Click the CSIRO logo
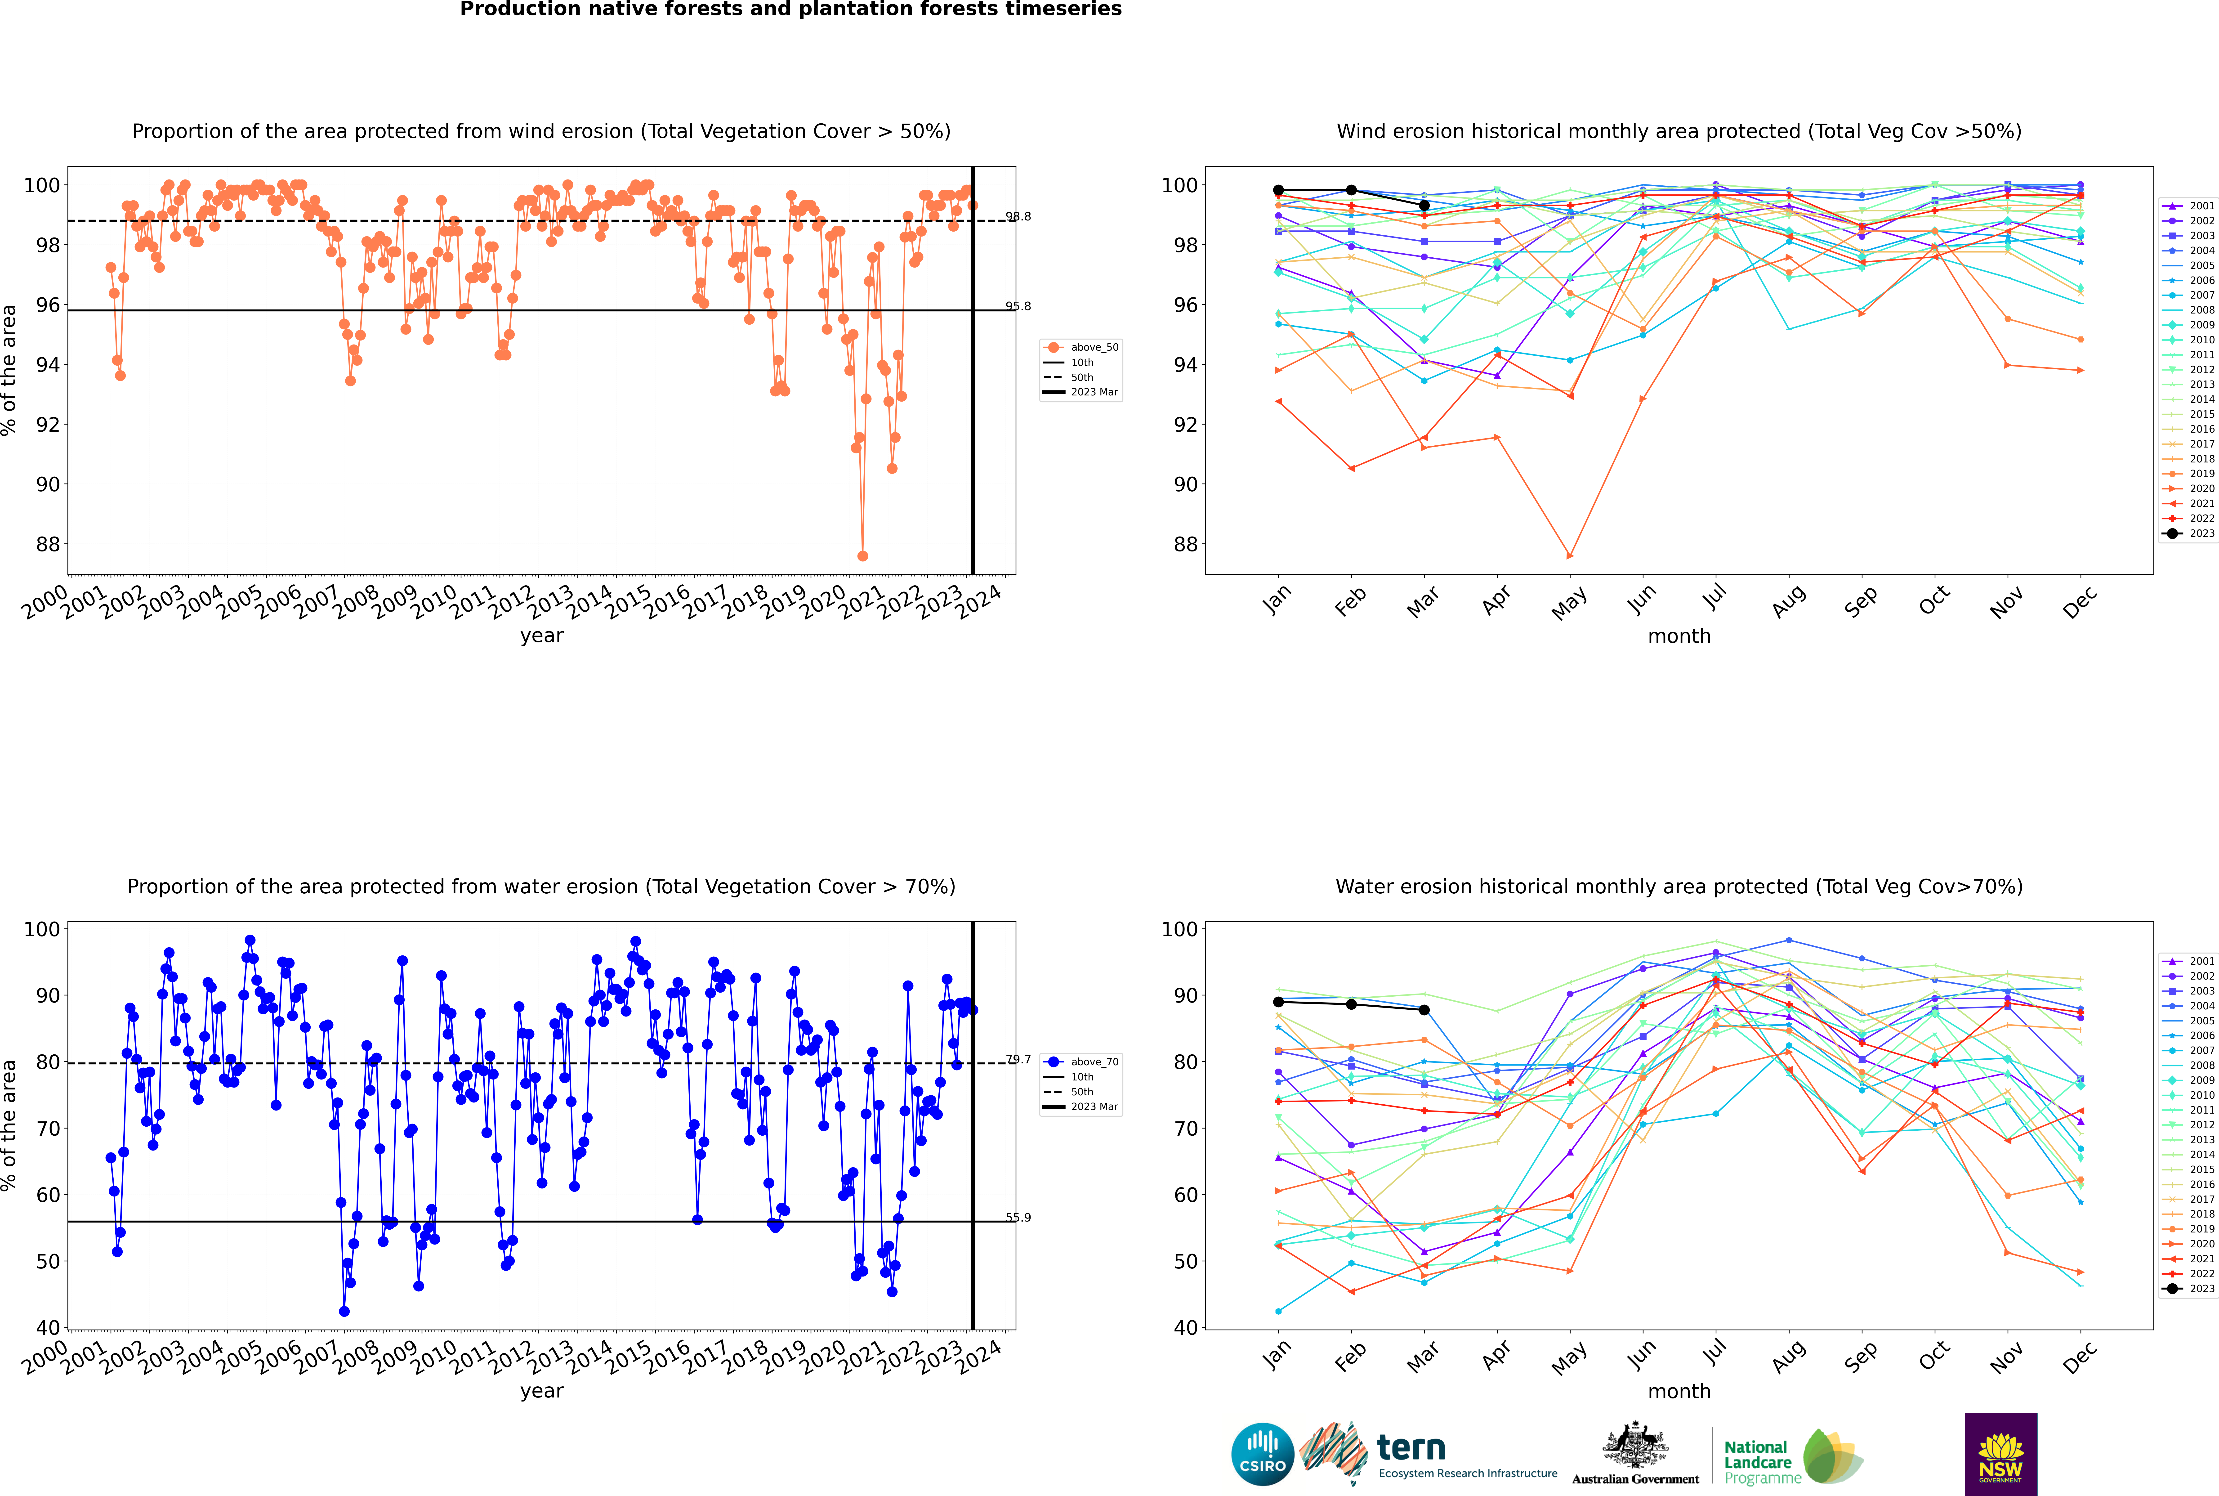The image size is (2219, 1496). [x=1262, y=1454]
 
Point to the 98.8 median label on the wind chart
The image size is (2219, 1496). [x=1018, y=217]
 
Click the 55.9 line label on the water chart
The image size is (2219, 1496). [x=1018, y=1217]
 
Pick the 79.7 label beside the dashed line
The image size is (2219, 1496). [x=1018, y=1059]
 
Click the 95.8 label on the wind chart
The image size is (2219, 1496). [x=1018, y=306]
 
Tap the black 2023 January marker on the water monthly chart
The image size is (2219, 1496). [x=1278, y=1002]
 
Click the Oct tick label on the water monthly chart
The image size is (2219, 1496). [x=1934, y=1356]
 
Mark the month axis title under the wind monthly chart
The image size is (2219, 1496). [x=1679, y=636]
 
